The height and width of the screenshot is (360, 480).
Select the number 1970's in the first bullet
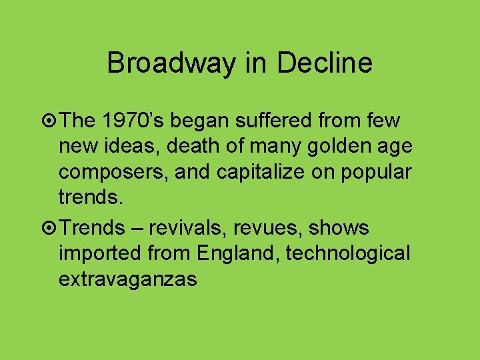(139, 121)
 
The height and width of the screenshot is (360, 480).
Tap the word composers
(114, 171)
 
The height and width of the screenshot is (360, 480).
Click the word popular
(377, 171)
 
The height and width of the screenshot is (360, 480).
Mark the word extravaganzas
(128, 279)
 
